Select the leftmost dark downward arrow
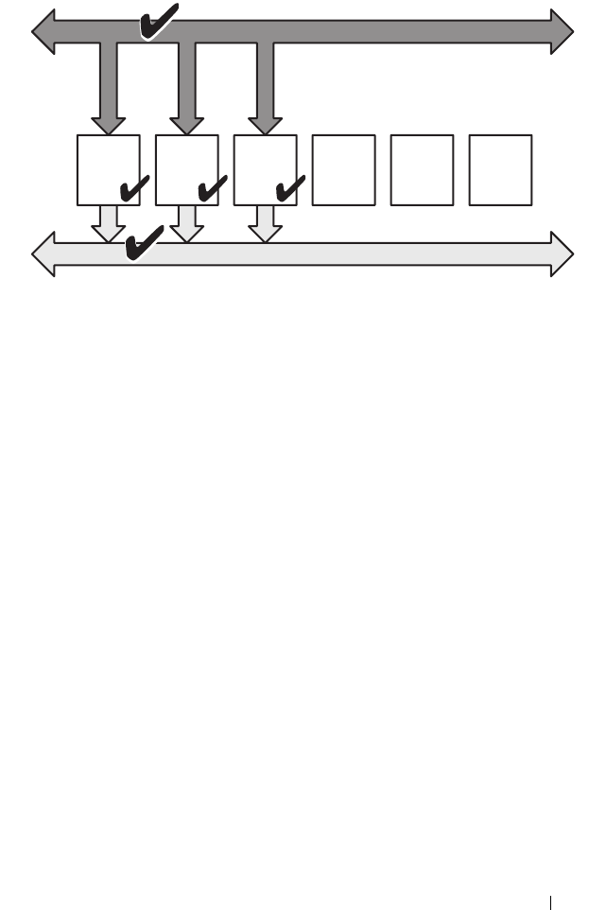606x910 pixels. point(109,90)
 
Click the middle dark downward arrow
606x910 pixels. point(187,90)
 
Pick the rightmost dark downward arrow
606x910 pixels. point(266,90)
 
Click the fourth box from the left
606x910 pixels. point(343,169)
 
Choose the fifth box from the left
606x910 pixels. point(422,169)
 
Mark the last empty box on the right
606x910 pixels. point(500,169)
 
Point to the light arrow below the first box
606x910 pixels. point(109,222)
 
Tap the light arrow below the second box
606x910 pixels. point(187,222)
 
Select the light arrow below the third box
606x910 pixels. point(266,222)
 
